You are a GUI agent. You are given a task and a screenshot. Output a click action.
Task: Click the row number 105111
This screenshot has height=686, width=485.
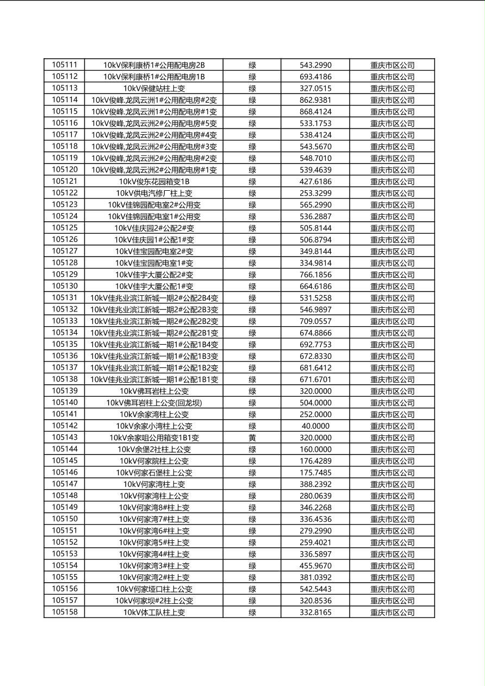(65, 65)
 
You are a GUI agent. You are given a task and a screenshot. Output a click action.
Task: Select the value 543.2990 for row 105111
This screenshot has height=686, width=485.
(315, 65)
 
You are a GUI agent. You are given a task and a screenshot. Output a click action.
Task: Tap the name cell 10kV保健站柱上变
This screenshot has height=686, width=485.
(154, 89)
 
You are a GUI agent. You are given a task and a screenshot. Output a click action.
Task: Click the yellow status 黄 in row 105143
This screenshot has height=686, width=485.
(252, 438)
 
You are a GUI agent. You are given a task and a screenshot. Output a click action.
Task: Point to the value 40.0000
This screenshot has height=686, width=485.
(315, 426)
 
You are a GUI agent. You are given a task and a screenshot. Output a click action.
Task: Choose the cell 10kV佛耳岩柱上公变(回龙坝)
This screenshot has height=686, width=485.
(154, 403)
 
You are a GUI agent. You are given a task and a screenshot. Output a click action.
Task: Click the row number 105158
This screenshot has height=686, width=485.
(65, 612)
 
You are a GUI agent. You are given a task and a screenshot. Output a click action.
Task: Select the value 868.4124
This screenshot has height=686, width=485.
(315, 111)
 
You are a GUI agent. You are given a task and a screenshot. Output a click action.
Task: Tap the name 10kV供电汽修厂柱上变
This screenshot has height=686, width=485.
(154, 193)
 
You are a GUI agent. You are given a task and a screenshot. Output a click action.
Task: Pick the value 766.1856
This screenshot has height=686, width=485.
(315, 275)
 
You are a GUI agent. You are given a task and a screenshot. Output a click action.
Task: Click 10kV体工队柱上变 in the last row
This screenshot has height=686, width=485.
(154, 613)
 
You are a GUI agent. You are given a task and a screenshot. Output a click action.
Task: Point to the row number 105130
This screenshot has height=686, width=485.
(65, 286)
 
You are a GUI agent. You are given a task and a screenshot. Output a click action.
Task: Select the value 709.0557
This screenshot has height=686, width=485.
(315, 321)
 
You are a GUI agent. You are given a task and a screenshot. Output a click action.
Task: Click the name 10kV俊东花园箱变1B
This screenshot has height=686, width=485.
(154, 182)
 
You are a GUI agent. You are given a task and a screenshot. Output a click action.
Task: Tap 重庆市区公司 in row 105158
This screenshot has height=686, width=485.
(392, 613)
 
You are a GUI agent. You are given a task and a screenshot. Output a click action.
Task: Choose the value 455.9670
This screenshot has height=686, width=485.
(315, 566)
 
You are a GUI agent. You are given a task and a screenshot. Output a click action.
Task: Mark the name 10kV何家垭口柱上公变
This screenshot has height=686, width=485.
(154, 589)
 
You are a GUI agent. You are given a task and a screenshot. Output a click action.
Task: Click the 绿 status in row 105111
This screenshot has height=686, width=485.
(252, 65)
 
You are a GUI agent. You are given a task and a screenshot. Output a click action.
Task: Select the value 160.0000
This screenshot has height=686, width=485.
(315, 450)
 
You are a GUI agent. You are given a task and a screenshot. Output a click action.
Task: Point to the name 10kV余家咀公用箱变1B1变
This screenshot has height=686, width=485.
(154, 438)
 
